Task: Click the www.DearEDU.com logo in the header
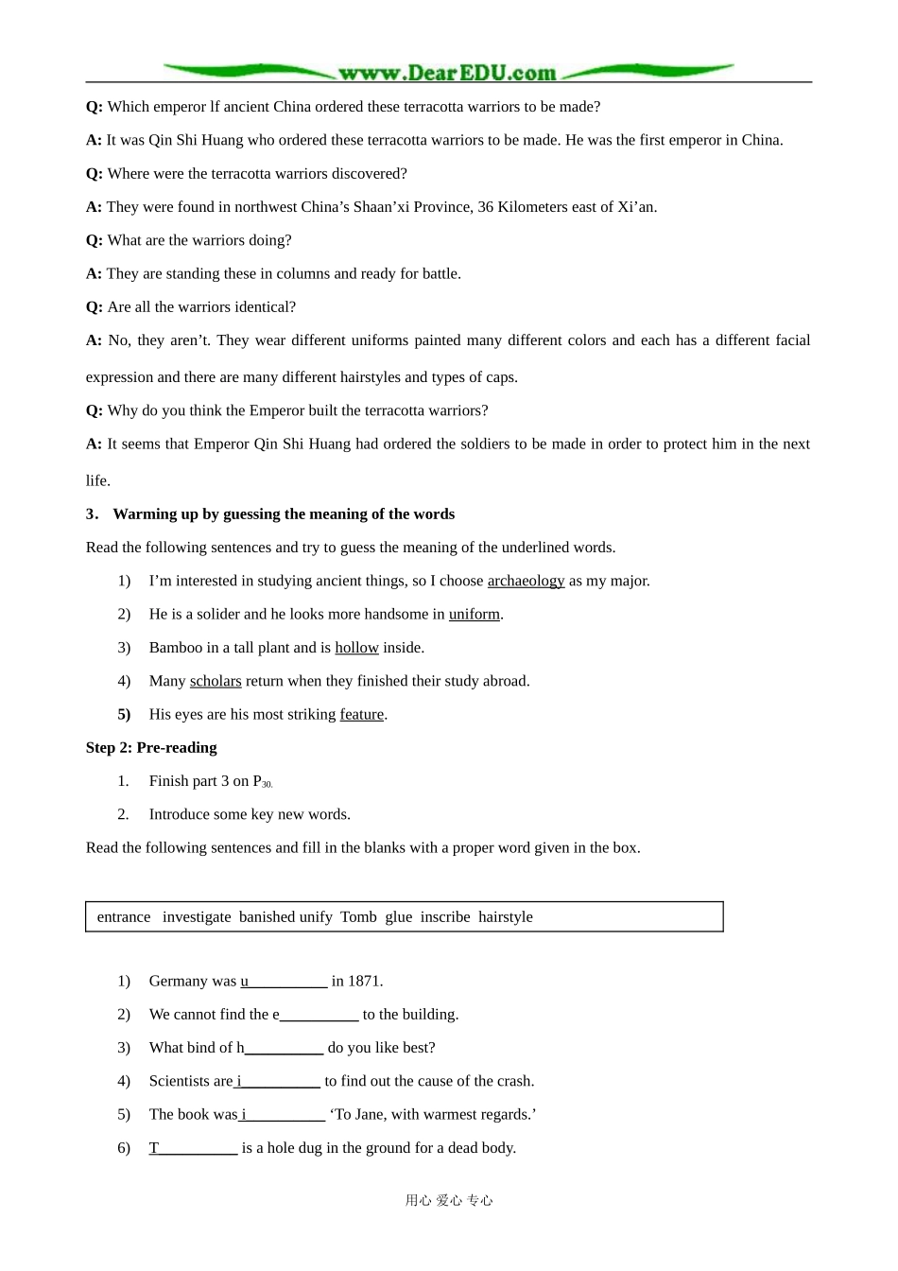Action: pyautogui.click(x=447, y=73)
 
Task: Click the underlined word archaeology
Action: pyautogui.click(x=526, y=581)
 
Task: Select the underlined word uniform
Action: pyautogui.click(x=474, y=615)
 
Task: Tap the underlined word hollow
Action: pyautogui.click(x=356, y=648)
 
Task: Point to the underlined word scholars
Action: pyautogui.click(x=216, y=681)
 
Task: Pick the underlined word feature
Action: pyautogui.click(x=362, y=715)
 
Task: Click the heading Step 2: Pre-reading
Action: pyautogui.click(x=151, y=748)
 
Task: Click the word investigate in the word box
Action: pyautogui.click(x=197, y=917)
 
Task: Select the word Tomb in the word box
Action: pyautogui.click(x=358, y=917)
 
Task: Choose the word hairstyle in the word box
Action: pyautogui.click(x=506, y=917)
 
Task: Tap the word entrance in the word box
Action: pyautogui.click(x=124, y=917)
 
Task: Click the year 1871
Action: pyautogui.click(x=364, y=982)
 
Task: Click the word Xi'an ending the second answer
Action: pyautogui.click(x=636, y=207)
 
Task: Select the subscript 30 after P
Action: pyautogui.click(x=268, y=785)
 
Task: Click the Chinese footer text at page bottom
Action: pyautogui.click(x=449, y=1201)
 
